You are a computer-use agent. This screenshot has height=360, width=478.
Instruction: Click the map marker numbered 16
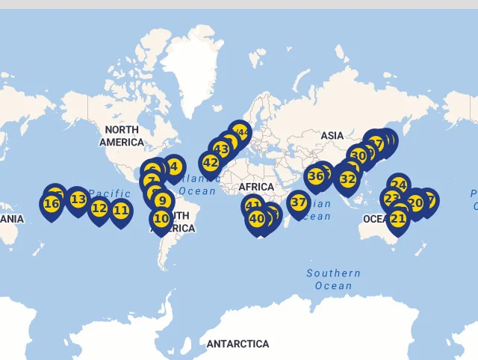coord(52,203)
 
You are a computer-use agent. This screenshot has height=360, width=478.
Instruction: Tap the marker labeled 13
coord(78,199)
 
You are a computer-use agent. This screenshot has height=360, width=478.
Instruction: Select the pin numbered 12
coord(99,208)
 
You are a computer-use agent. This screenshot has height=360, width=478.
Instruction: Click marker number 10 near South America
coord(161,219)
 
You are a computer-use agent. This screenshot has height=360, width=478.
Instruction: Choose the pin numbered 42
coord(211,163)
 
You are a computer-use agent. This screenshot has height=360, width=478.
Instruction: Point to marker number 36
coord(316,177)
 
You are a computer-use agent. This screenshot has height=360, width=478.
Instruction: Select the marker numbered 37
coord(299,202)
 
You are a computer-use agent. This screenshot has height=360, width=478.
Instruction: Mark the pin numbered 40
coord(257,219)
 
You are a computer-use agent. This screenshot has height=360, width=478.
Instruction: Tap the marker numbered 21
coord(398,219)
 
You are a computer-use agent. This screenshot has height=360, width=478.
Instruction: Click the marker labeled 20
coord(415,202)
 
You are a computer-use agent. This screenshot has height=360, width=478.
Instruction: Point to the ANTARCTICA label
coord(238,344)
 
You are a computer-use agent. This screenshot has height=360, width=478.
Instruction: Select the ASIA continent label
coord(332,135)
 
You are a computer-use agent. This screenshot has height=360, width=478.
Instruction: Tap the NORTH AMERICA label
coord(122,136)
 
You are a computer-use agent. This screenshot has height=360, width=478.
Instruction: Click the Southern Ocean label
coord(333,279)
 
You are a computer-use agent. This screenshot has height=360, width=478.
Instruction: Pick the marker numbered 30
coord(358,156)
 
